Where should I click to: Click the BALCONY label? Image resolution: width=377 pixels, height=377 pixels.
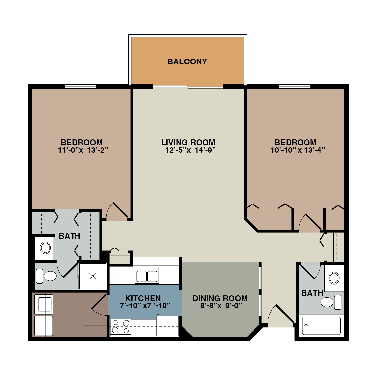coord(187,62)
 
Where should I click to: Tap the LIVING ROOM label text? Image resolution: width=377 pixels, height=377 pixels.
coord(188,143)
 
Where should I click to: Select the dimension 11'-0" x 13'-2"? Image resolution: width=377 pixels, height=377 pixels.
coord(83,150)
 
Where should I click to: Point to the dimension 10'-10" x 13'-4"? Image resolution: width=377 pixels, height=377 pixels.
coord(298,150)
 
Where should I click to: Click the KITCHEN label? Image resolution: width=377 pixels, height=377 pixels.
coord(143,298)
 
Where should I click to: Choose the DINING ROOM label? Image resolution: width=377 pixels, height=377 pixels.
coord(220,298)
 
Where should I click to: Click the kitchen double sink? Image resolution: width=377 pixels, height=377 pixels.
coord(147,275)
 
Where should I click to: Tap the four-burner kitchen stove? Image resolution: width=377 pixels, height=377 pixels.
coord(121,327)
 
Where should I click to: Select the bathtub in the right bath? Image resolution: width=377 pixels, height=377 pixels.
coord(321,326)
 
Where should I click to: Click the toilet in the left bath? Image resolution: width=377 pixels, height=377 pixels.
coord(46,276)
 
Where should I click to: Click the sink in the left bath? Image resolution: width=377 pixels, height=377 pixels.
coord(45,248)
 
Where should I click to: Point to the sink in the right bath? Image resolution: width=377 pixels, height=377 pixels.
coord(334,278)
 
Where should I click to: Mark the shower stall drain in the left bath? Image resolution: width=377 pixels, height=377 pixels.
coord(93,276)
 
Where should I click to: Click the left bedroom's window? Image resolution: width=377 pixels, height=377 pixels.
coord(80,87)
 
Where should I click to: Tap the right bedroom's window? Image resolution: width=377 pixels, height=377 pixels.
coord(295,87)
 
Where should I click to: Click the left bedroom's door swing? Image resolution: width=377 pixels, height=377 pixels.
coord(117,211)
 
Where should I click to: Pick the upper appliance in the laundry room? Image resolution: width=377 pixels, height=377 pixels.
coord(44,304)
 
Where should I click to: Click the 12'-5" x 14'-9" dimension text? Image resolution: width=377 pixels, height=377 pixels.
coord(191,150)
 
